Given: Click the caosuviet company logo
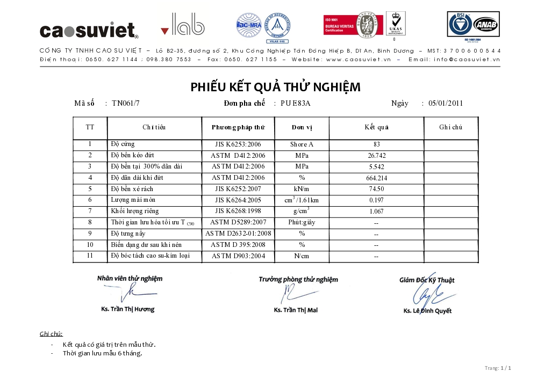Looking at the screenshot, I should pyautogui.click(x=89, y=30).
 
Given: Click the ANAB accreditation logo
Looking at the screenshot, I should pyautogui.click(x=485, y=25).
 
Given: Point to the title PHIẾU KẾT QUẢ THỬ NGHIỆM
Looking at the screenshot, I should pyautogui.click(x=275, y=87).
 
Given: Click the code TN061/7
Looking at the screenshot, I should pyautogui.click(x=126, y=104).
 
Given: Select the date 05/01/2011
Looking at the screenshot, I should pyautogui.click(x=446, y=104).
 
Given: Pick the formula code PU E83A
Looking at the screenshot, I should pyautogui.click(x=296, y=104).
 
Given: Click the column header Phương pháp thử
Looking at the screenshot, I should pyautogui.click(x=238, y=128).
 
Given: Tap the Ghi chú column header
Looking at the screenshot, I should pyautogui.click(x=450, y=128).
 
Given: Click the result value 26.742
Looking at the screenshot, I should pyautogui.click(x=376, y=156).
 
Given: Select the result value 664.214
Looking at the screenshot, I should pyautogui.click(x=376, y=178).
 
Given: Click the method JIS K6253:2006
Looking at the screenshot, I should pyautogui.click(x=238, y=144).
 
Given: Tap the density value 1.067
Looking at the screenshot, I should pyautogui.click(x=376, y=212).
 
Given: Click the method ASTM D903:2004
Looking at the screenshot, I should pyautogui.click(x=238, y=256).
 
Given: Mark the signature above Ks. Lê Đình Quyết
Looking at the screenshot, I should pyautogui.click(x=427, y=295).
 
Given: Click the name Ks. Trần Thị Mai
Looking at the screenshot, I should pyautogui.click(x=296, y=310).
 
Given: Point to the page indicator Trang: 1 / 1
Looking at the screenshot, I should pyautogui.click(x=497, y=368).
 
